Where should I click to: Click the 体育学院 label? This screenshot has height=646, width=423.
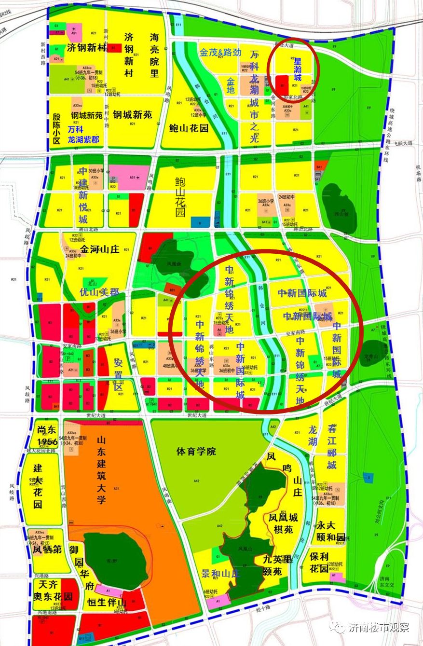click(196, 452)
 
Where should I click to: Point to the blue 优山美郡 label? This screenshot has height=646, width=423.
click(99, 292)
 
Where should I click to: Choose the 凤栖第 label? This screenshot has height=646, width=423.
click(47, 549)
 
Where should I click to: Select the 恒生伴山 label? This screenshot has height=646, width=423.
click(107, 603)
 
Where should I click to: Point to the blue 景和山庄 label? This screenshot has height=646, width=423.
click(220, 574)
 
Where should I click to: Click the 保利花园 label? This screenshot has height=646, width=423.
click(319, 562)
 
